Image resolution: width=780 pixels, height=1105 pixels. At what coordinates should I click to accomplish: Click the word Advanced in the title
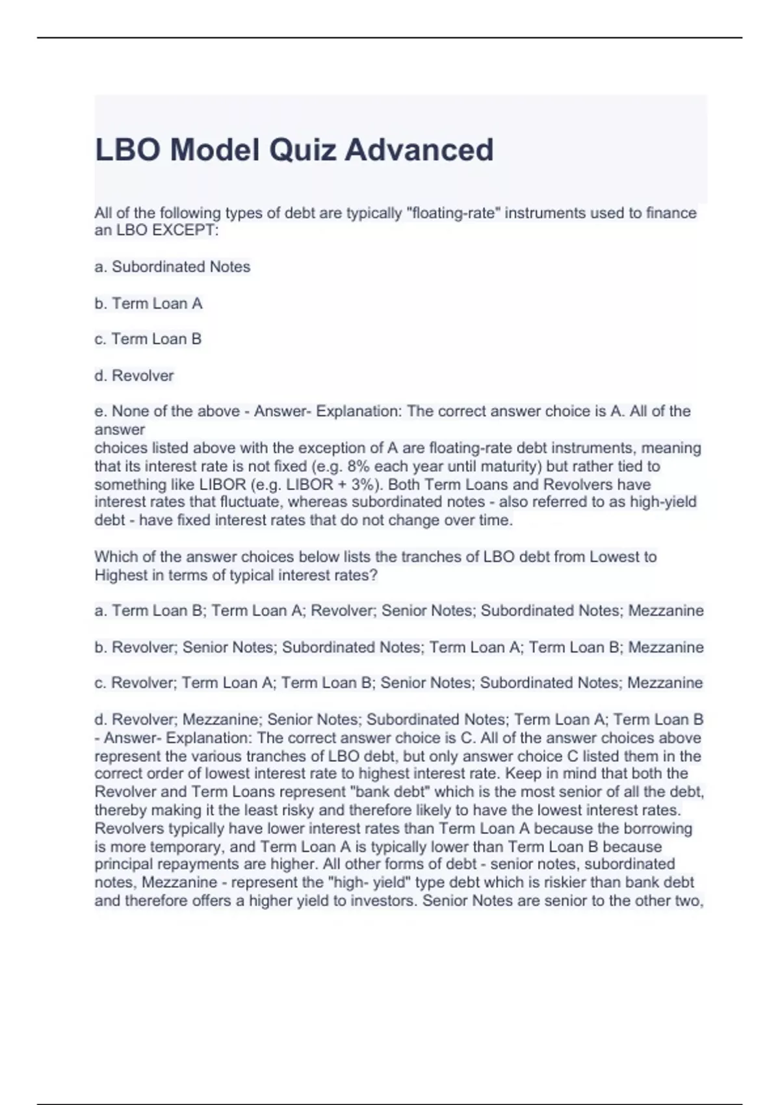click(x=419, y=149)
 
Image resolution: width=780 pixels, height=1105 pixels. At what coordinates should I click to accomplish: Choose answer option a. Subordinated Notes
click(x=172, y=266)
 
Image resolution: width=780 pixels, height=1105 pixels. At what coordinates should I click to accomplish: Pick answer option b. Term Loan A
click(x=148, y=303)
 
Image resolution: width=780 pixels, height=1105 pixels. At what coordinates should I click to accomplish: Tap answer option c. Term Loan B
click(x=148, y=339)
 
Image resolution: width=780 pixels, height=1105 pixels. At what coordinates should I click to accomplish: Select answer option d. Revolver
click(x=134, y=375)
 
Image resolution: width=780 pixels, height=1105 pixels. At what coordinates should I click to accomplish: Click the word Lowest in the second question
click(x=614, y=556)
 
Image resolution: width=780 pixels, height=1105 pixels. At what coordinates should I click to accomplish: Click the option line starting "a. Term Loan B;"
click(x=398, y=610)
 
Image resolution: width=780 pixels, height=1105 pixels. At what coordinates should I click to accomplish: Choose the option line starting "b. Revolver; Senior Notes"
click(x=398, y=647)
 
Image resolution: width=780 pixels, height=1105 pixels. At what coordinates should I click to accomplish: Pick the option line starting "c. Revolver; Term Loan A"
click(x=398, y=682)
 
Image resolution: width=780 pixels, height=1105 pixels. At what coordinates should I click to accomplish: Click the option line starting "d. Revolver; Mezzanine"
click(x=398, y=719)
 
